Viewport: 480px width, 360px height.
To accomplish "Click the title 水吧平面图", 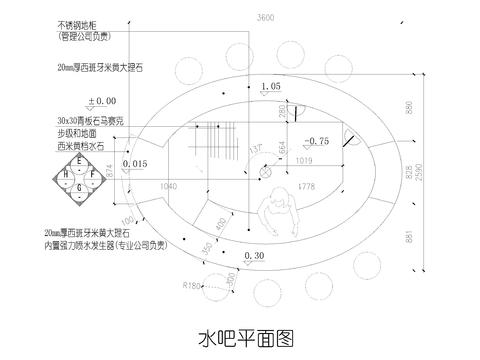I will (x=240, y=334).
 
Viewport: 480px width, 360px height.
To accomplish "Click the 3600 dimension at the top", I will (x=265, y=19).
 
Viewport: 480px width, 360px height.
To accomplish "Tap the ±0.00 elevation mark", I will (x=103, y=101).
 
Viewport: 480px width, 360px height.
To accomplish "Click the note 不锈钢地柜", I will (x=80, y=23).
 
